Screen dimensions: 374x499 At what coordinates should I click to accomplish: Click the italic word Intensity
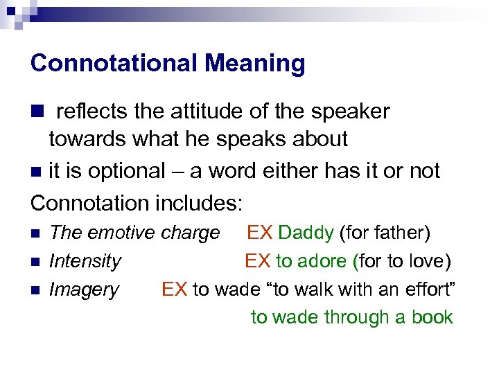tap(85, 261)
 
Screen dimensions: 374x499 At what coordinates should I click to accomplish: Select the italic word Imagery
tap(84, 289)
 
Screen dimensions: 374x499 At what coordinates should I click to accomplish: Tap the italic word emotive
tap(122, 233)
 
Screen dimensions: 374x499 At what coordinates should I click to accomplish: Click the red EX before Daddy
tap(261, 233)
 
